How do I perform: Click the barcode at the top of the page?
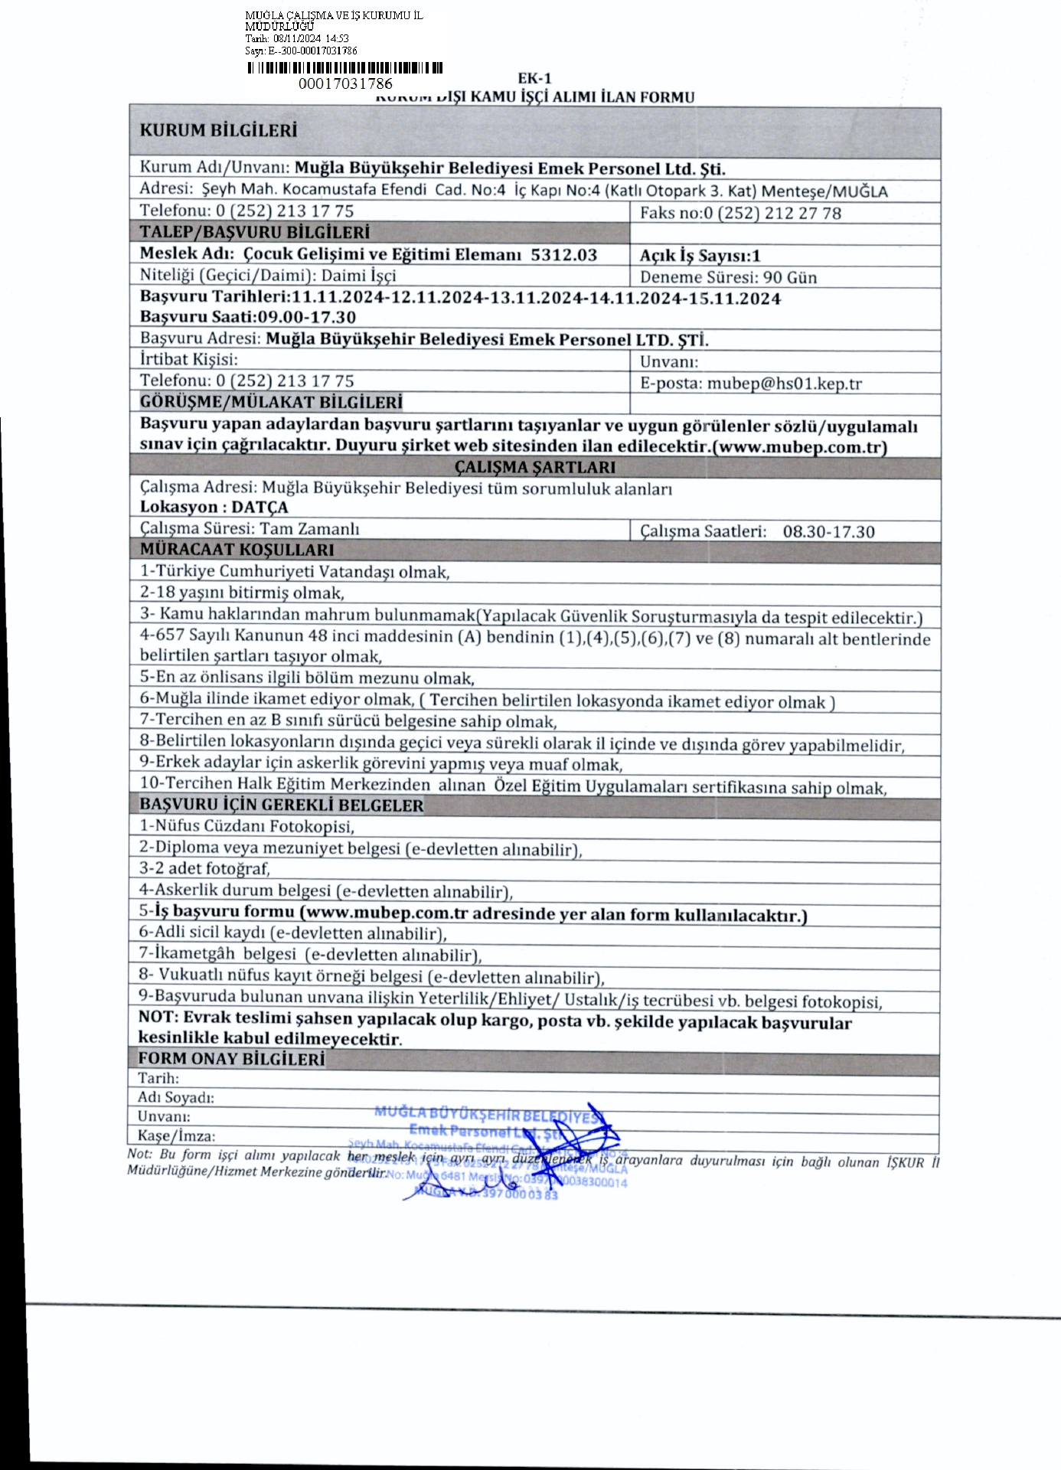click(344, 68)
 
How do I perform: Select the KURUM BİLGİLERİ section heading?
click(217, 130)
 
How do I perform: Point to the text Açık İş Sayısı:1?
click(700, 256)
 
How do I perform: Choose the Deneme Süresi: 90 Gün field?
click(728, 277)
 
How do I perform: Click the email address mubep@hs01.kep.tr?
click(784, 384)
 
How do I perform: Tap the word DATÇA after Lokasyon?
click(260, 507)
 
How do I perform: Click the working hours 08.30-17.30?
click(828, 531)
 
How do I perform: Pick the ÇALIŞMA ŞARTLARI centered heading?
click(534, 467)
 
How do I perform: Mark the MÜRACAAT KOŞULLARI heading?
click(237, 550)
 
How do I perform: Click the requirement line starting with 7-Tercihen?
click(348, 721)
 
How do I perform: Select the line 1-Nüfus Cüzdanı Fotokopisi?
click(246, 826)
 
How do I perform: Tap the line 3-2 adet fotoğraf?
click(204, 868)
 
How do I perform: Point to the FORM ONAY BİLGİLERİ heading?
click(231, 1059)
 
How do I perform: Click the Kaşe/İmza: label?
click(176, 1136)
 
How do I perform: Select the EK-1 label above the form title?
click(534, 78)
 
